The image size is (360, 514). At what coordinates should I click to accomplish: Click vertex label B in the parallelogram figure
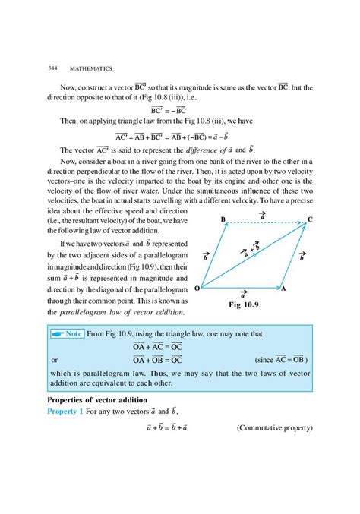[x=223, y=219]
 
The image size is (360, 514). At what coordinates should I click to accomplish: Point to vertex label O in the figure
[x=197, y=289]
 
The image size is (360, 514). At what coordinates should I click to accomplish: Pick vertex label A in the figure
[x=283, y=289]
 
